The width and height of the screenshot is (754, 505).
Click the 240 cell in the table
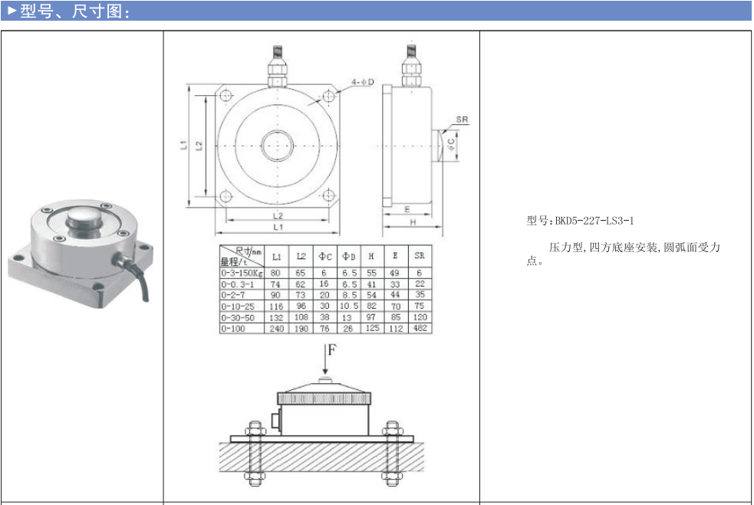click(276, 329)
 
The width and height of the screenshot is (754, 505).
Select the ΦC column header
click(325, 257)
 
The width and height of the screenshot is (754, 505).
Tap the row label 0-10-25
click(238, 306)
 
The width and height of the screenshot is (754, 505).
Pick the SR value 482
click(420, 328)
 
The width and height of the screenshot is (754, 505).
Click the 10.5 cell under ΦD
click(349, 306)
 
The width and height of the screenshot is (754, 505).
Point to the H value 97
click(370, 317)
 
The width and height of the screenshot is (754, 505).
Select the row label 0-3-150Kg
click(242, 274)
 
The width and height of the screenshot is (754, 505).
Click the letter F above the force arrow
click(332, 350)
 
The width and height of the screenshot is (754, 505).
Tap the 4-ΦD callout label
click(362, 82)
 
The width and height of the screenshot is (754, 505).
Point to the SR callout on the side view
click(462, 120)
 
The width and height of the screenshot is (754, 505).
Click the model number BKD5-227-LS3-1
click(594, 221)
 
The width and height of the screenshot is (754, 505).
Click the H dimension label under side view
click(413, 222)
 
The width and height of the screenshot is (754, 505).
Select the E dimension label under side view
click(407, 209)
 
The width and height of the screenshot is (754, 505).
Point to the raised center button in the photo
click(84, 222)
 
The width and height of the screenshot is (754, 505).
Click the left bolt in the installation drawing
click(255, 453)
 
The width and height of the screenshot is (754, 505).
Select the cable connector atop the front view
click(277, 67)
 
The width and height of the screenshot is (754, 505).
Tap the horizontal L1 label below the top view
click(278, 227)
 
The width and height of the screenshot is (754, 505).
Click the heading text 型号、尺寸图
click(71, 11)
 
